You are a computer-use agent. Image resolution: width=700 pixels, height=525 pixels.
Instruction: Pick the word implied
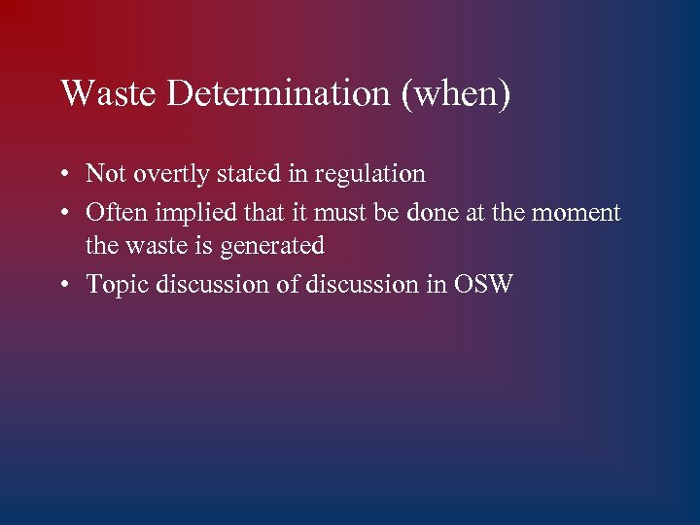[x=189, y=212]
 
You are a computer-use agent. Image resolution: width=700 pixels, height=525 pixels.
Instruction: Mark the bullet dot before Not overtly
[x=62, y=175]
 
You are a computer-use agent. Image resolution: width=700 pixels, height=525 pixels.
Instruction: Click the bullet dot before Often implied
[x=62, y=212]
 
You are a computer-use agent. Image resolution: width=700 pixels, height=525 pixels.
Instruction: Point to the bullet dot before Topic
[x=62, y=285]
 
